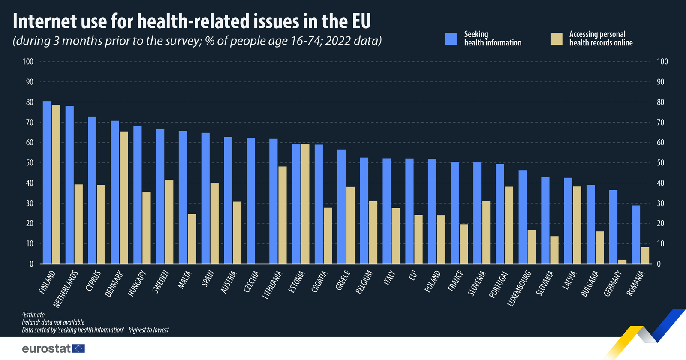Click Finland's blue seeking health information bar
[47, 182]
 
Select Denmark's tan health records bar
[123, 197]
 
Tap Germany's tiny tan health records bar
[622, 261]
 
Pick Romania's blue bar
[636, 234]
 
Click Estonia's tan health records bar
[305, 204]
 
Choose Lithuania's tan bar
[282, 215]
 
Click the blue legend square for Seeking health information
[451, 39]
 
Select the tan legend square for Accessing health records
[556, 39]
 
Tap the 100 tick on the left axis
[28, 62]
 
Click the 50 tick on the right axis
[661, 163]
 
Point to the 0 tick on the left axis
[31, 264]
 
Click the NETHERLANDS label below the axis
[66, 289]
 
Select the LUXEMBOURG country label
[519, 288]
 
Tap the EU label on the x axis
[413, 276]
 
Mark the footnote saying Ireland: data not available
[53, 322]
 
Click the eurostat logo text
[46, 348]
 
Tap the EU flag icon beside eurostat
[78, 348]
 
